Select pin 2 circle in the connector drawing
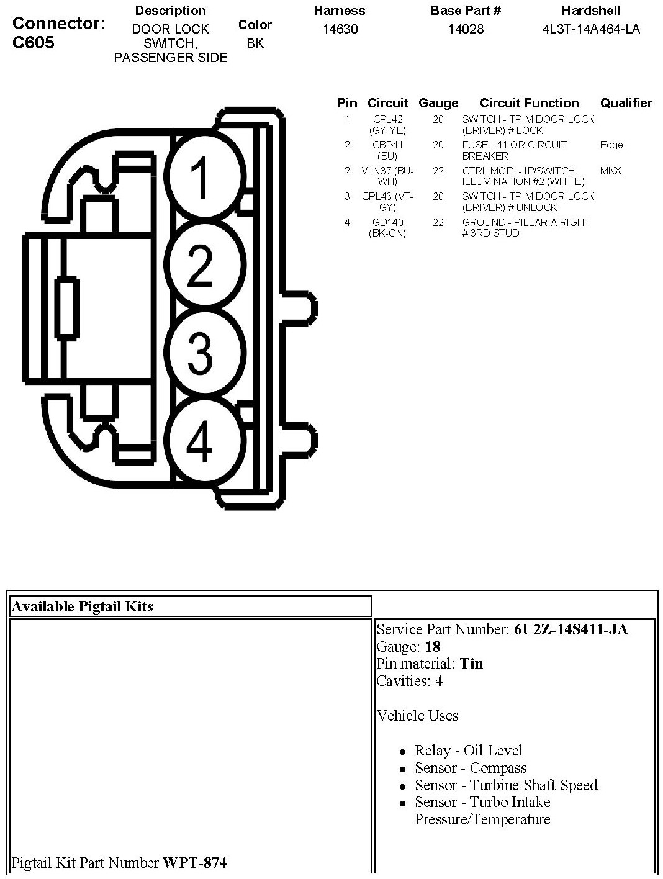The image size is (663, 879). point(200,266)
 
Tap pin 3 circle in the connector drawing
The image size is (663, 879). point(200,352)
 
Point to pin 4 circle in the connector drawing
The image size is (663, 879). point(200,440)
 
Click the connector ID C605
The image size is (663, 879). point(34,42)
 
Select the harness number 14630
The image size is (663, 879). point(340,29)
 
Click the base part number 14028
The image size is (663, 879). point(466,29)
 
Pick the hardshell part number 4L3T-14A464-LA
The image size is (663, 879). point(591,29)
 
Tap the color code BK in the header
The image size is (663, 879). point(255,43)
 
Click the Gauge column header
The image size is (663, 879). point(438,103)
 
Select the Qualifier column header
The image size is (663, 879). point(626,103)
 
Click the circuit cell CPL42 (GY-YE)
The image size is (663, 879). point(388,125)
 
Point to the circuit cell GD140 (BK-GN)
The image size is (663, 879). point(388,228)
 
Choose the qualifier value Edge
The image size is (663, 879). point(611,145)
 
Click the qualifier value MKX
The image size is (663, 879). point(611,171)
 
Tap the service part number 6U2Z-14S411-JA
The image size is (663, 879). point(571,629)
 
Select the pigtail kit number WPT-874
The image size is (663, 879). point(194,862)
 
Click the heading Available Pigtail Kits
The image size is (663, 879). point(82,606)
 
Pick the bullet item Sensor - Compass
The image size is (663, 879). point(471,768)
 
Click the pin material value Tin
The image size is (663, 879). point(471,664)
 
